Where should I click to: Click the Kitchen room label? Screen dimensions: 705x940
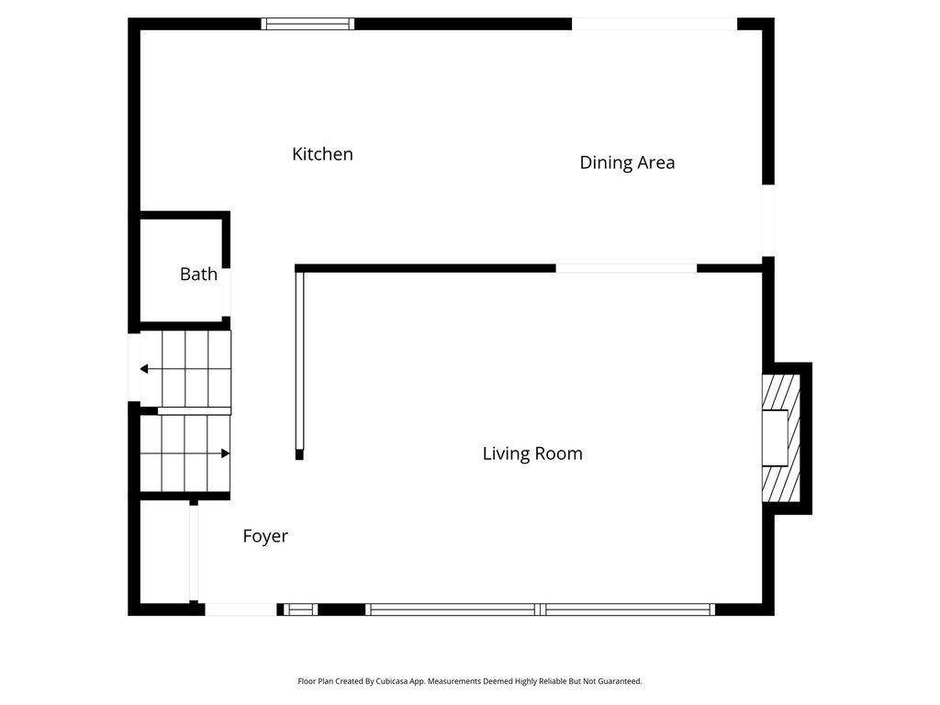[x=322, y=154]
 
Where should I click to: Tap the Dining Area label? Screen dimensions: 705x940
[x=627, y=162]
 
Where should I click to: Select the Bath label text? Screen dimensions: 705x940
[x=198, y=274]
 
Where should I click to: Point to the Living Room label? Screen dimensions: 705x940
[x=532, y=453]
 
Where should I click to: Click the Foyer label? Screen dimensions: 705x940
[x=265, y=536]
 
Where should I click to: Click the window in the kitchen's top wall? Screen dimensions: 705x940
[x=308, y=24]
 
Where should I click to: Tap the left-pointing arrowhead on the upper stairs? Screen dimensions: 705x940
[x=144, y=369]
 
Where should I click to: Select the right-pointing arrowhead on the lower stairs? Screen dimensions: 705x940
[x=225, y=453]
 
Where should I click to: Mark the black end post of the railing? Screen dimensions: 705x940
[x=299, y=454]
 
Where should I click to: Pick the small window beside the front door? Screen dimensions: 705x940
[x=299, y=609]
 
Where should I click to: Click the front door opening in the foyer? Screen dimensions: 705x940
[x=240, y=609]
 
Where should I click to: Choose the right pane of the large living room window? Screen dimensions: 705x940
[x=629, y=609]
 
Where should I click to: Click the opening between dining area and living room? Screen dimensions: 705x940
[x=626, y=268]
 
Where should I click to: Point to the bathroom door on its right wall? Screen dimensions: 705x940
[x=226, y=292]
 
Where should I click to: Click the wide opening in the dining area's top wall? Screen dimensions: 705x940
[x=654, y=24]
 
